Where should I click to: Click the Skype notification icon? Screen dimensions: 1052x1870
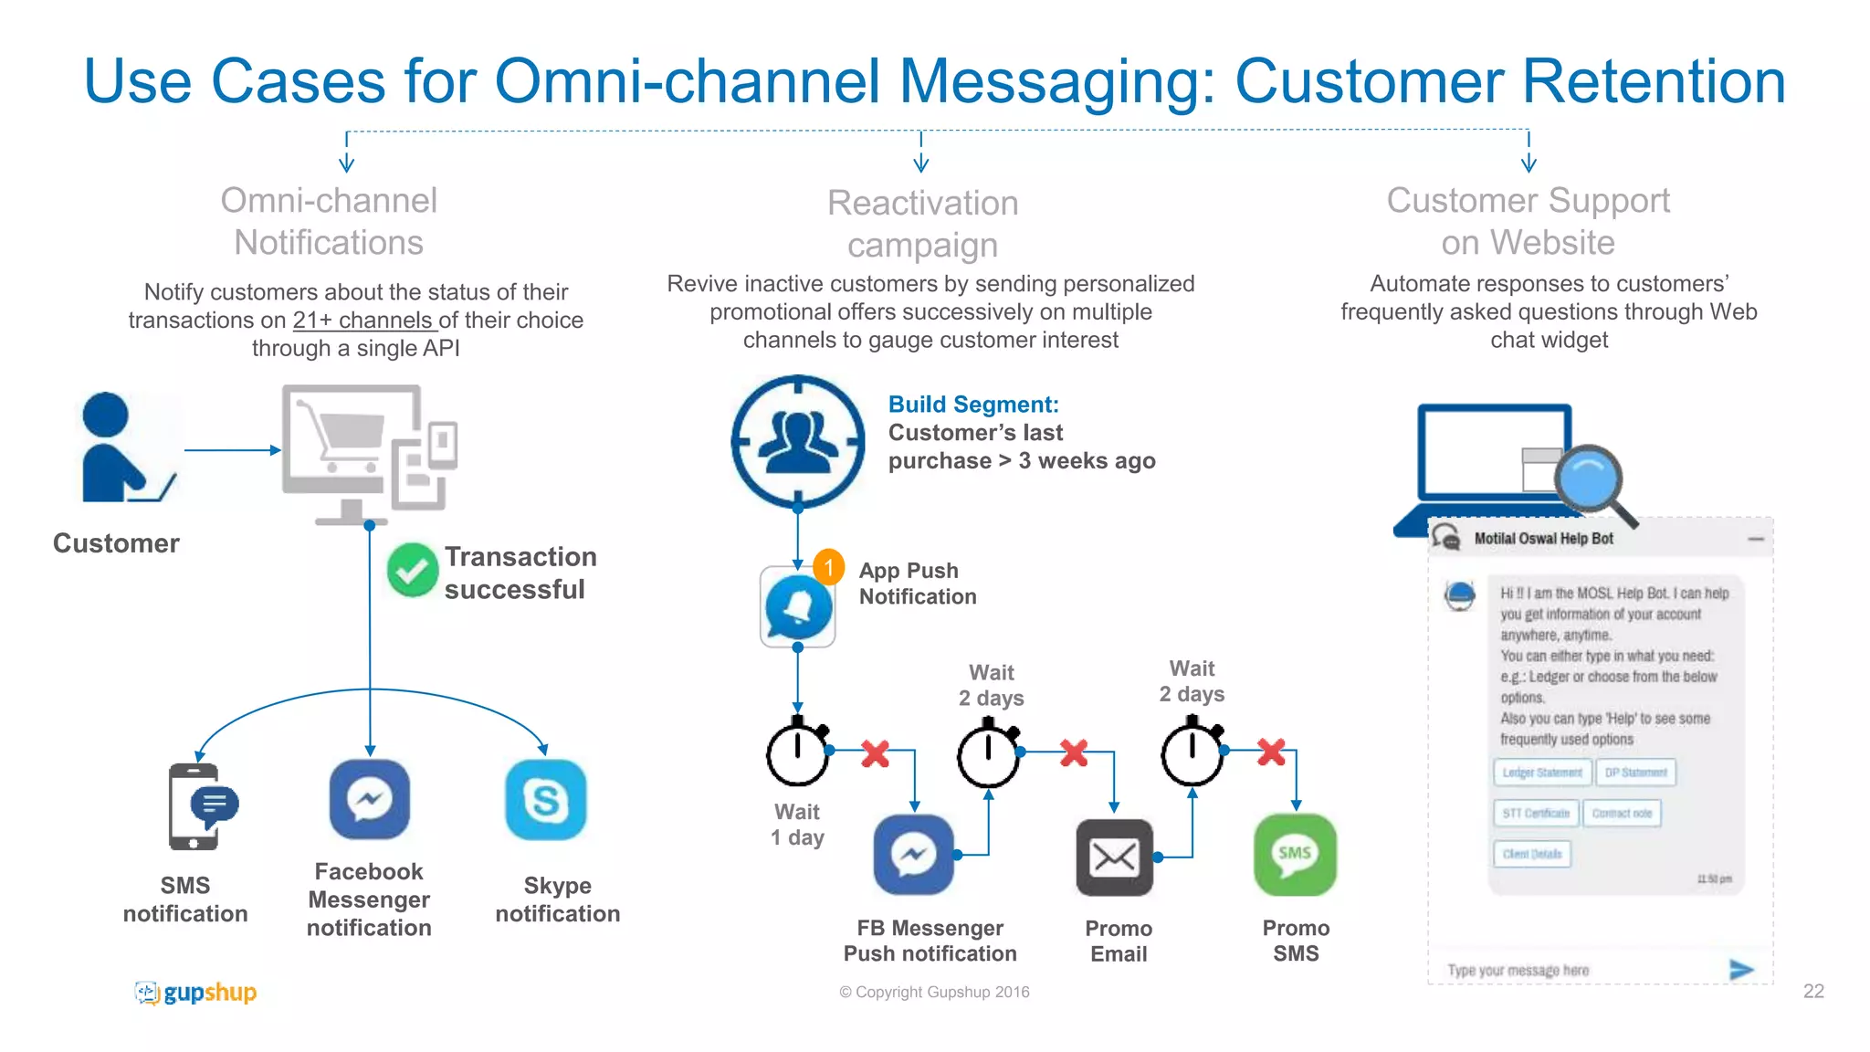pos(545,800)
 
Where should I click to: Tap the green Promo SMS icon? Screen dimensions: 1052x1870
pos(1295,855)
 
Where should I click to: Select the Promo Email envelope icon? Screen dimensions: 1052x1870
pos(1114,857)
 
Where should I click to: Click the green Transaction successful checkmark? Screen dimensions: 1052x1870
pos(412,570)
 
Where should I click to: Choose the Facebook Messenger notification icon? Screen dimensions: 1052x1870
pos(369,800)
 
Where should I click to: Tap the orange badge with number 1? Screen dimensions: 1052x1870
pos(828,567)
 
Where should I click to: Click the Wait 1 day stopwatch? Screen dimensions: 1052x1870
pos(798,752)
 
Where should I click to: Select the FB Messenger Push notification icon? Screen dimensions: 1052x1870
pos(913,855)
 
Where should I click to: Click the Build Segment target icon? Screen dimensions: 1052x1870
pos(798,441)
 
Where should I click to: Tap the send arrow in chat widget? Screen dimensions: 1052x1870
pos(1740,970)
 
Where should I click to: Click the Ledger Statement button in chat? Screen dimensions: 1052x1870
pos(1542,773)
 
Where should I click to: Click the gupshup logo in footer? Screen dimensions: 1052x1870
pos(195,992)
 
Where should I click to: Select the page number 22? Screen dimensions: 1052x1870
pos(1813,992)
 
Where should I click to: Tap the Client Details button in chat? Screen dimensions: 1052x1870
pos(1532,854)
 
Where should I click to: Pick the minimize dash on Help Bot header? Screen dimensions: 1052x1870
pos(1756,540)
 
